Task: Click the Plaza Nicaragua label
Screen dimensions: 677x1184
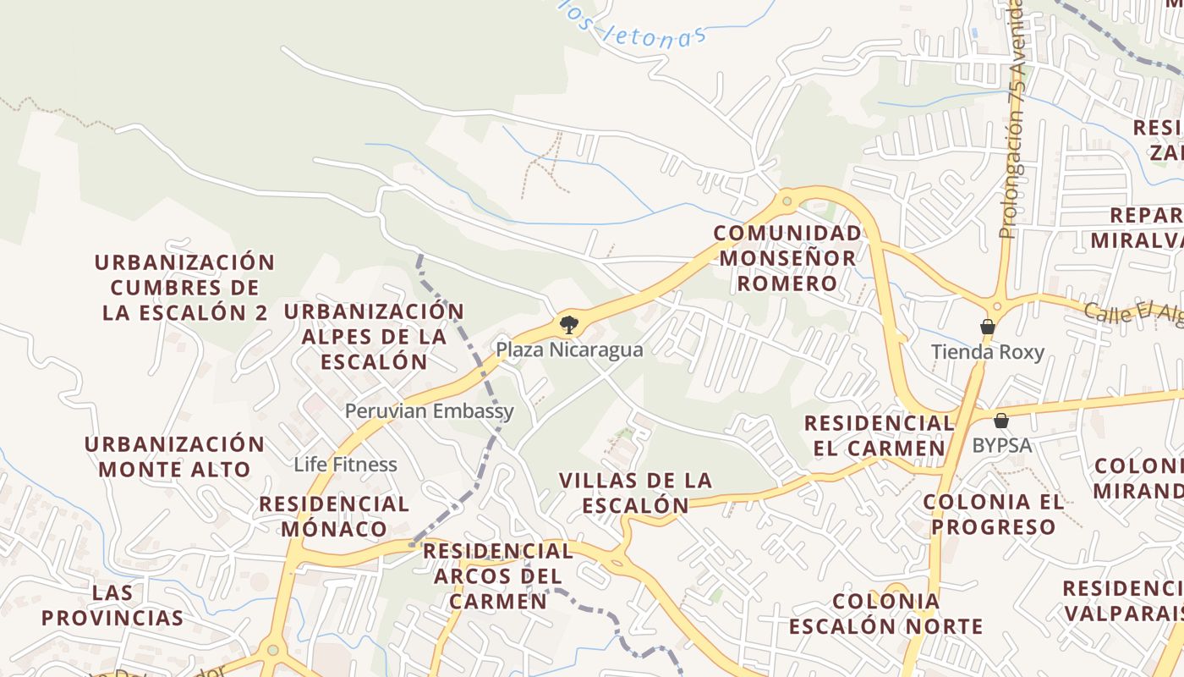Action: [x=569, y=350]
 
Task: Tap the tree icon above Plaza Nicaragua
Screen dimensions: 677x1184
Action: [x=569, y=323]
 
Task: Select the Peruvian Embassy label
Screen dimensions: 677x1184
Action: [x=429, y=411]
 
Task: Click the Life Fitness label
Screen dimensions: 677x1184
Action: [x=345, y=465]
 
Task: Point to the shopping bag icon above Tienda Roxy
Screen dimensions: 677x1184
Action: [x=987, y=327]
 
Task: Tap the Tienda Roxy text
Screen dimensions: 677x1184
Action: [x=987, y=352]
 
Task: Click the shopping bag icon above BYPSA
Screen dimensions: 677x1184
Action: [x=1001, y=420]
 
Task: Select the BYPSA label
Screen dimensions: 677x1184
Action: [x=1001, y=445]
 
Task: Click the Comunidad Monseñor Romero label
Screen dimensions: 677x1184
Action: [x=787, y=258]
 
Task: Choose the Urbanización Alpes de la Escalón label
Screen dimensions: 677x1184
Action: [x=374, y=336]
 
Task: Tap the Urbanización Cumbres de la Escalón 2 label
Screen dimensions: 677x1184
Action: [x=185, y=287]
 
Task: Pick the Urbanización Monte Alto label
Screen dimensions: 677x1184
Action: [x=175, y=456]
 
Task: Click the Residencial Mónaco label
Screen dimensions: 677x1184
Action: [x=334, y=516]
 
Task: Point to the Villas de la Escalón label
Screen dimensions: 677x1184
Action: [x=636, y=493]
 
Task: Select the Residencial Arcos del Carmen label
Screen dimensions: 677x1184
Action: [x=498, y=575]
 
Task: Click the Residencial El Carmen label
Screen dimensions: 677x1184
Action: [x=879, y=435]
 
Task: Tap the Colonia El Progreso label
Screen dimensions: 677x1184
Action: [x=994, y=514]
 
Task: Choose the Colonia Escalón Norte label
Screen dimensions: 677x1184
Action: [x=885, y=614]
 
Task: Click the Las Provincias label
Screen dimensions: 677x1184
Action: [x=112, y=604]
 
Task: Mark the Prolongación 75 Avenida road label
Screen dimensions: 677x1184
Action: [x=1011, y=118]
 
